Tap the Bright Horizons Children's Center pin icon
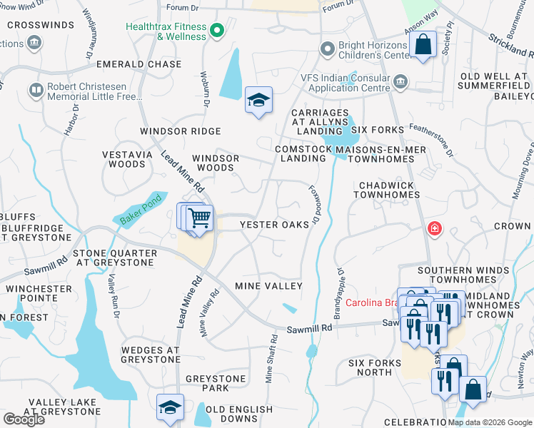[328, 49]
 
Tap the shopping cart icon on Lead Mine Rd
[201, 218]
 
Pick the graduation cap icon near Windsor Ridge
[258, 101]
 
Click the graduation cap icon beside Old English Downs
[171, 407]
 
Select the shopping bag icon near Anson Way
[423, 45]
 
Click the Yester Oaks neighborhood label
[274, 224]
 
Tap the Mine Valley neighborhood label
[269, 286]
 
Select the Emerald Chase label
[135, 64]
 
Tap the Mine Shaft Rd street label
[271, 359]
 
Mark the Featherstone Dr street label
[432, 140]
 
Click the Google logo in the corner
[24, 419]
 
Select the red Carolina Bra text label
[370, 302]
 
